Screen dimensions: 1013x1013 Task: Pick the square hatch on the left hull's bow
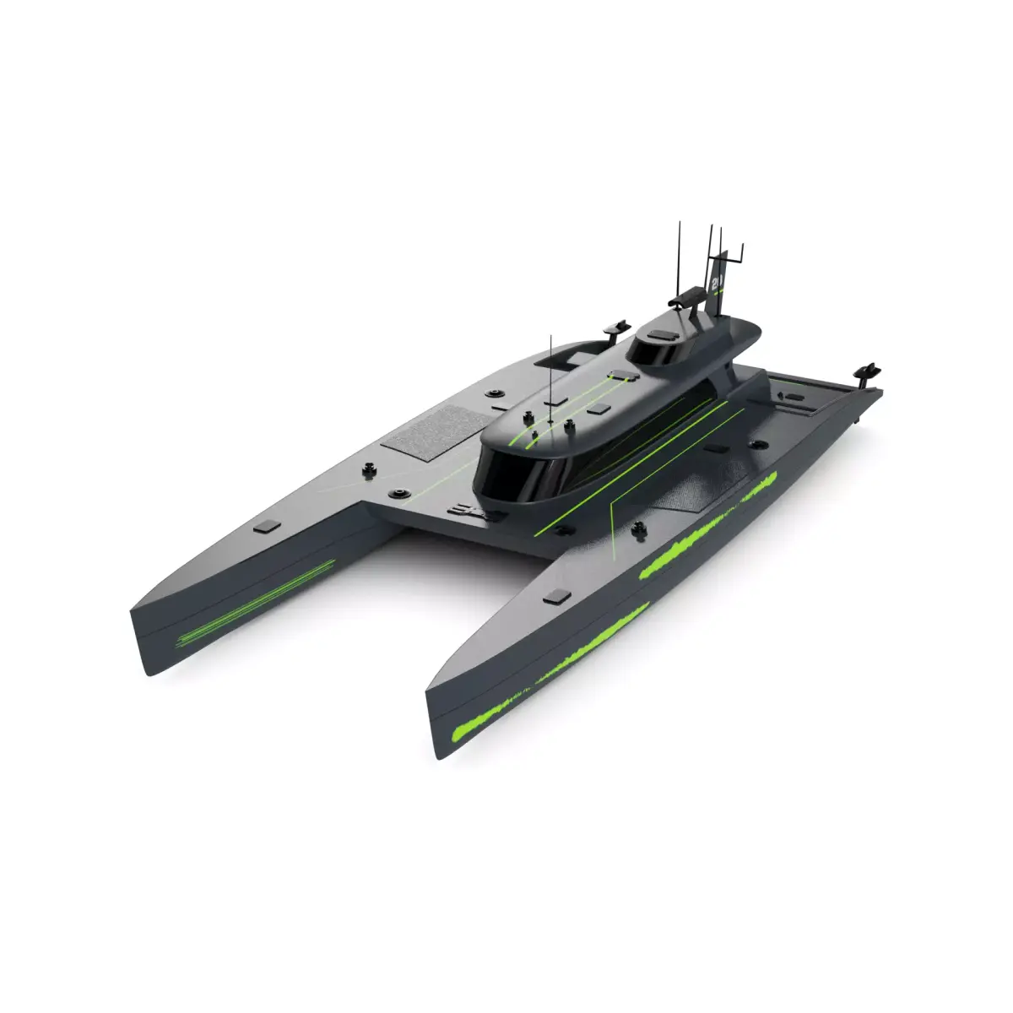pyautogui.click(x=267, y=527)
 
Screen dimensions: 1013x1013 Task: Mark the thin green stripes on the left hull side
pyautogui.click(x=253, y=604)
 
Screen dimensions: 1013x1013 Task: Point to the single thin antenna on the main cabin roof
pyautogui.click(x=550, y=371)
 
